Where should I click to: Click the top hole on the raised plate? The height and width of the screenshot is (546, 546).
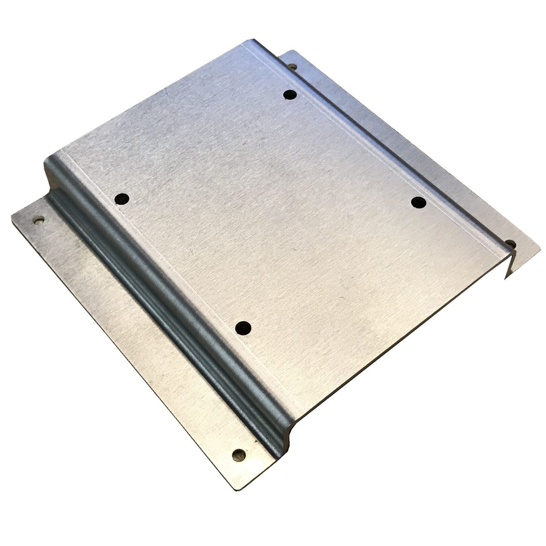pyautogui.click(x=290, y=95)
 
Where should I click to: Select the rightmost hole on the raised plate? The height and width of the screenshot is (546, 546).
pyautogui.click(x=418, y=203)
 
